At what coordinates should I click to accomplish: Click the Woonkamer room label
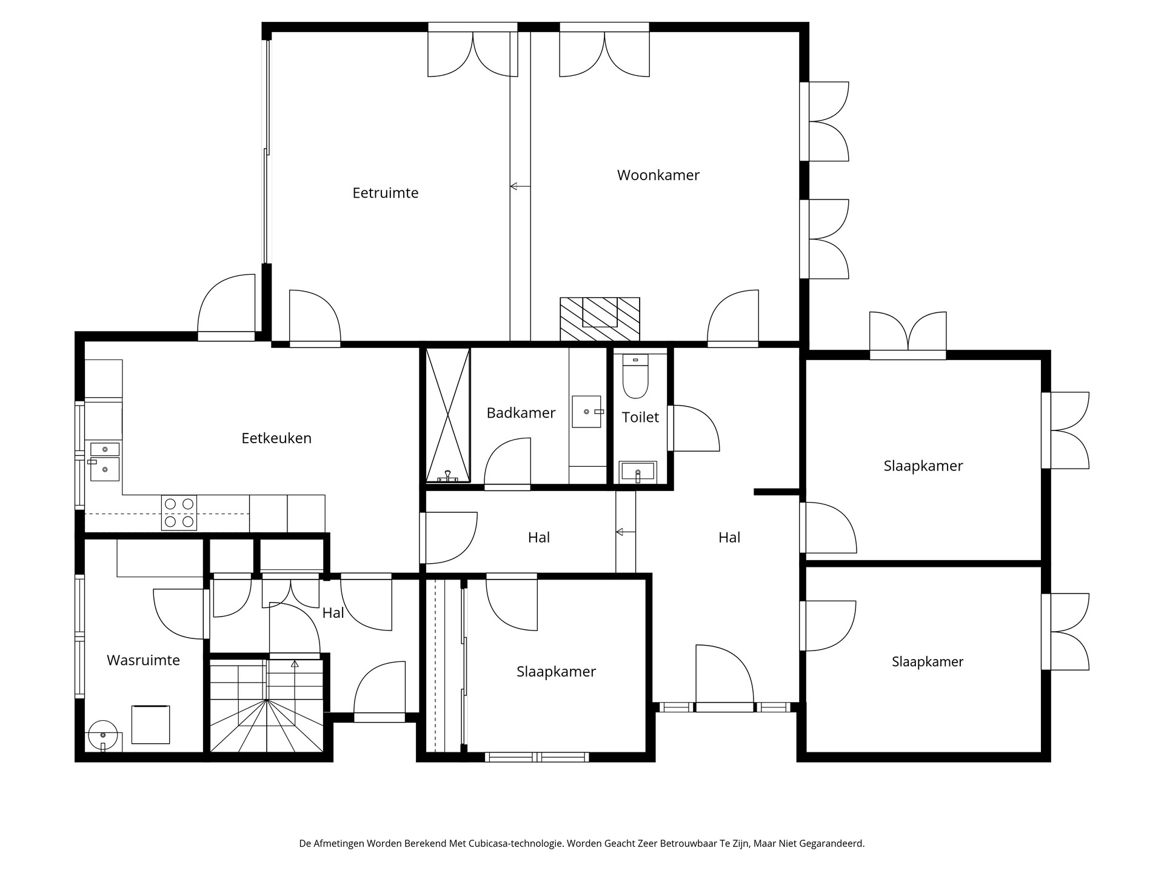(x=658, y=175)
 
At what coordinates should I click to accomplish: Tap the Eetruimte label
(x=386, y=193)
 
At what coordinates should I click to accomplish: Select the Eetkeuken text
(x=276, y=438)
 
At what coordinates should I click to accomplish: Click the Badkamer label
(x=521, y=413)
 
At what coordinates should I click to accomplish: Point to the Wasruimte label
(x=143, y=660)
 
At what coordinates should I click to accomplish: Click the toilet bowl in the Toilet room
(x=635, y=380)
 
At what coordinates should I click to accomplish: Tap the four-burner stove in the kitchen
(x=179, y=512)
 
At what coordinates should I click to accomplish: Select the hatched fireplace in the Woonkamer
(x=600, y=319)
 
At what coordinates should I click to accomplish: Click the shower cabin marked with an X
(x=448, y=415)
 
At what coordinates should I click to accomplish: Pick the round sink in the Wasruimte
(x=102, y=735)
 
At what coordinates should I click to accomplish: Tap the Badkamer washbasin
(x=586, y=412)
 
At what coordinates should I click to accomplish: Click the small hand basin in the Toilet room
(x=637, y=471)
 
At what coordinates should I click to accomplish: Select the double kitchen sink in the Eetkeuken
(x=104, y=461)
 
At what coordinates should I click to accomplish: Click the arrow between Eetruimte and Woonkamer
(x=520, y=186)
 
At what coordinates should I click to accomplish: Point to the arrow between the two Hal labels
(x=625, y=532)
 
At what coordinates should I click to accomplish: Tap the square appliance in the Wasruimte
(x=150, y=724)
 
